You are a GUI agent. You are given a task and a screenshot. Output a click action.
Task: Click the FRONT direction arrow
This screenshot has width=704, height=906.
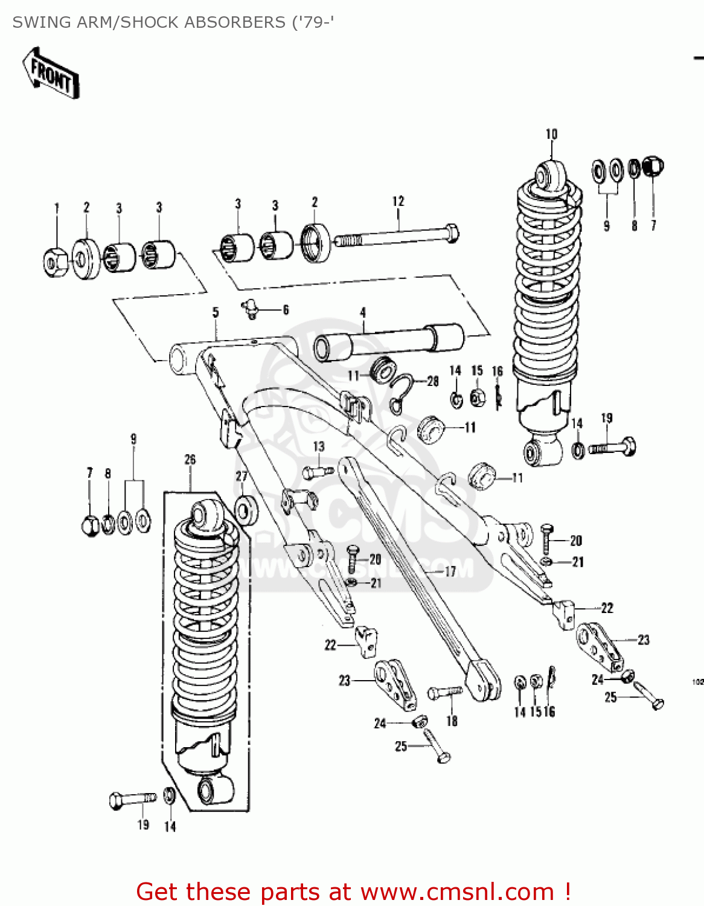pos(51,74)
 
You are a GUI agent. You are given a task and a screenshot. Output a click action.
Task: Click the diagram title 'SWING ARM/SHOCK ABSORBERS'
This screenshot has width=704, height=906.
pos(149,22)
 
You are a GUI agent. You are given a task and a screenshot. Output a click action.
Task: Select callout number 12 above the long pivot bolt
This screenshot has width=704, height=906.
pos(398,201)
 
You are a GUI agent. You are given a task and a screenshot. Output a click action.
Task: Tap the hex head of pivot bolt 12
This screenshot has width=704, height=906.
pos(450,233)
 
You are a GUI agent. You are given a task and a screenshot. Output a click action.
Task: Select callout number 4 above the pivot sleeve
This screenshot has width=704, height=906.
pos(363,312)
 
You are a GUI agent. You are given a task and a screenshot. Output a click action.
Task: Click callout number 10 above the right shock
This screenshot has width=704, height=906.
pos(551,134)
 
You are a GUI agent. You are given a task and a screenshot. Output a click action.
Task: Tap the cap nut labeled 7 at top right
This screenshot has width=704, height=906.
pos(653,166)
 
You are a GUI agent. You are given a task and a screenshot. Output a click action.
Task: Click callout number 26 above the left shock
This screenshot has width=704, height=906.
pos(190,460)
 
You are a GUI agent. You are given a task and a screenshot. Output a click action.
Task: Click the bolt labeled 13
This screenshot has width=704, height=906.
pos(316,471)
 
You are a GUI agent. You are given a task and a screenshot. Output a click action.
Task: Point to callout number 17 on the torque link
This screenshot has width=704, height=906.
pos(450,571)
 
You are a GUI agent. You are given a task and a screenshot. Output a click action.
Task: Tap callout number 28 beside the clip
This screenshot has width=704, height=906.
pos(433,381)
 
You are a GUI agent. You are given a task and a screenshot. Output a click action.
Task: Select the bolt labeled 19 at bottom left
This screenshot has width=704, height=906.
pos(132,800)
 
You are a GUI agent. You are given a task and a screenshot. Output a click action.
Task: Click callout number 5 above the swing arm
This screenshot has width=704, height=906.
pos(216,312)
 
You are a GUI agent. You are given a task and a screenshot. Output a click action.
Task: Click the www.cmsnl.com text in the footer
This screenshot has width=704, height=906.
pos(457,892)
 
